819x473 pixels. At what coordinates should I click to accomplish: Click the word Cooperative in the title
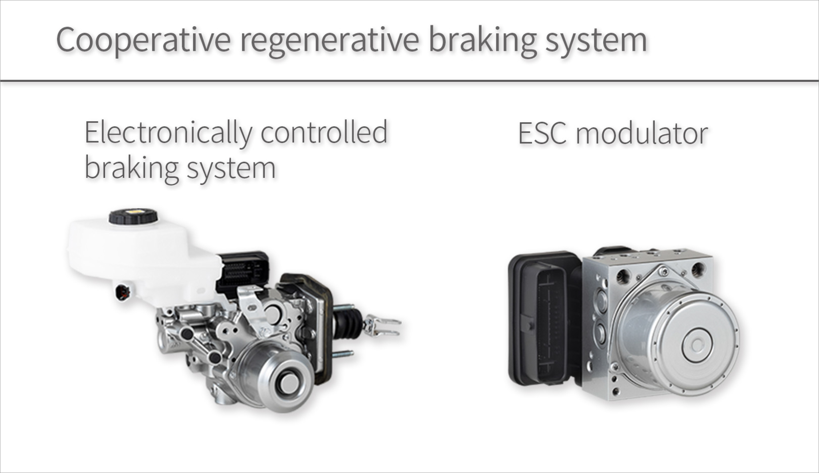(143, 40)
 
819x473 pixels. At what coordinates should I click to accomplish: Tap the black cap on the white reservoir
(133, 216)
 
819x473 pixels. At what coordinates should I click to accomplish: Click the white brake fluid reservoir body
(141, 256)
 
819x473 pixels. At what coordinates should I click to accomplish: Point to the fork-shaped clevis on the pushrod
(383, 326)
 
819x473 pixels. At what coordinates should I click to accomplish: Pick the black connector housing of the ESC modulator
(544, 318)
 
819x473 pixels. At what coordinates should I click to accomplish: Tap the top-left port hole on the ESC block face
(623, 277)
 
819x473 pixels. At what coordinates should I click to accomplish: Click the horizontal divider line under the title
(409, 81)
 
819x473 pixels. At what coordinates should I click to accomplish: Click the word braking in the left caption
(132, 169)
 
